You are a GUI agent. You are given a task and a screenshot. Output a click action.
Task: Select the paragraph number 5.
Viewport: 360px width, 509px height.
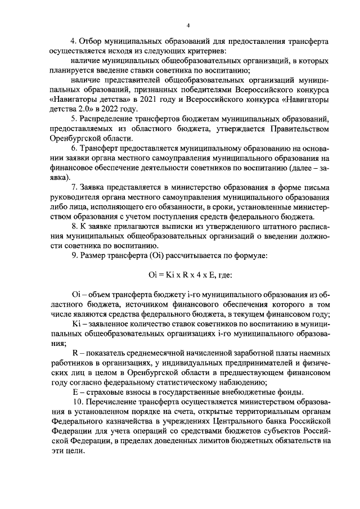[x=74, y=119]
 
